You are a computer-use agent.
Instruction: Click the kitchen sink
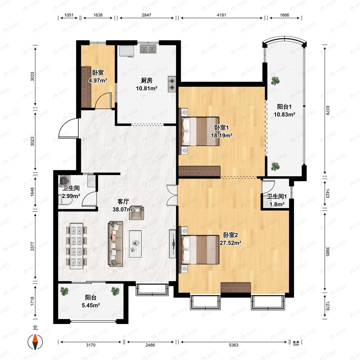[148, 49]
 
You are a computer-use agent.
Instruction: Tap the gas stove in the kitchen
[172, 84]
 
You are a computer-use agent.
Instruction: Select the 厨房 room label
[147, 81]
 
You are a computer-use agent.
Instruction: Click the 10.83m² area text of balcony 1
[284, 114]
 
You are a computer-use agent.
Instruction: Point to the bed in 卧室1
[200, 131]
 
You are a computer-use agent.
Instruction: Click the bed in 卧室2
[200, 250]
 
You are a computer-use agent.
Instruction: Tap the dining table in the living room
[76, 245]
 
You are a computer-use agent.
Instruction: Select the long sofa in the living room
[116, 244]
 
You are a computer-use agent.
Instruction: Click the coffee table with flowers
[135, 244]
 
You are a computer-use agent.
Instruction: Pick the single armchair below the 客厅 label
[137, 213]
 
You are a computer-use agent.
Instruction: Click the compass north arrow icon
[35, 342]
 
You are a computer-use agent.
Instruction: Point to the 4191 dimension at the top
[221, 15]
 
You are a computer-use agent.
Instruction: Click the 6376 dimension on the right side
[327, 110]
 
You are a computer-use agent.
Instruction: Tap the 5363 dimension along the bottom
[234, 345]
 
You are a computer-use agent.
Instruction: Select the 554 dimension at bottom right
[296, 345]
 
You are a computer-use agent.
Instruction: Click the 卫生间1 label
[276, 196]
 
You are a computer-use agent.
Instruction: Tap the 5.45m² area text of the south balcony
[91, 305]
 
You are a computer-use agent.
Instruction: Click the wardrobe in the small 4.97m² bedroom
[86, 87]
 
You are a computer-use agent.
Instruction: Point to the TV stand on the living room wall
[172, 244]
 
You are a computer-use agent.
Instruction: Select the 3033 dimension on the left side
[32, 76]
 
